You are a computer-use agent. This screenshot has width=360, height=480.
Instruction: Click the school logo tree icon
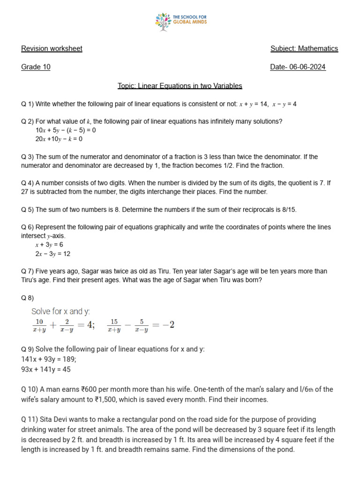pos(163,22)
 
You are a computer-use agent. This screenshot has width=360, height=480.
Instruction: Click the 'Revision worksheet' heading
pos(52,49)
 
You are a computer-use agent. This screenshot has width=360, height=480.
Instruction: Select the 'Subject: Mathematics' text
pos(304,49)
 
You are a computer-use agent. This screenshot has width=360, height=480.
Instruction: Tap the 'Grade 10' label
pos(36,67)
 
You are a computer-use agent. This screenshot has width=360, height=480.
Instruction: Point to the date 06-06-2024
pos(307,67)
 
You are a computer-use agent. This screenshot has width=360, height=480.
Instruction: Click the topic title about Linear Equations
pos(180,86)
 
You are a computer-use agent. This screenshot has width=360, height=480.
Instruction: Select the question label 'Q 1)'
pos(28,104)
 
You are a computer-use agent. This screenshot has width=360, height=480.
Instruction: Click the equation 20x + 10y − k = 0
pos(59,139)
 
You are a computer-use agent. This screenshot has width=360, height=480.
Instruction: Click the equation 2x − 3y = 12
pos(53,254)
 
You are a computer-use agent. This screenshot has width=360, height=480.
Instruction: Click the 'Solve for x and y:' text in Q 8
pos(60,311)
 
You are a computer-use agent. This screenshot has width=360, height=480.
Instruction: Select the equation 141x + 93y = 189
pos(49,359)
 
